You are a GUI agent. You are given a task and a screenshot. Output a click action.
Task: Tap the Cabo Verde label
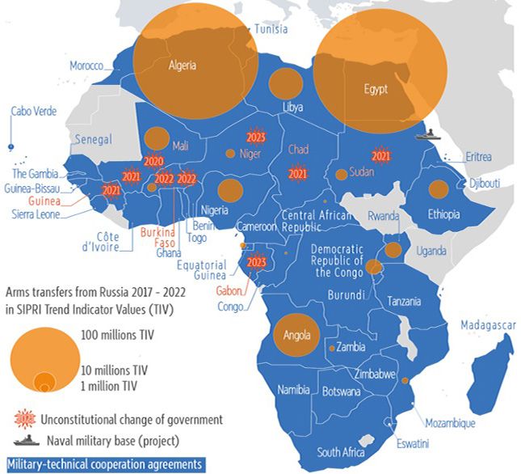33,112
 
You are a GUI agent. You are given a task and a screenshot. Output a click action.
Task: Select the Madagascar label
488,325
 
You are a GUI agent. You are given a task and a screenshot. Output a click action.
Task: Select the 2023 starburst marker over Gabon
257,262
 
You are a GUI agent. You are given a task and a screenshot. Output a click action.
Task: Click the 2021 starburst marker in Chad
297,173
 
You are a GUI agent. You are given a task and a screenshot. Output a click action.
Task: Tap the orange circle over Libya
285,84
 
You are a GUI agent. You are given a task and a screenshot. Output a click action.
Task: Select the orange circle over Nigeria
230,191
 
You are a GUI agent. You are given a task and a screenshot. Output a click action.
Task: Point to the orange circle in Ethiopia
438,189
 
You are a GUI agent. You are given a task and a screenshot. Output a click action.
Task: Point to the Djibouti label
484,184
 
